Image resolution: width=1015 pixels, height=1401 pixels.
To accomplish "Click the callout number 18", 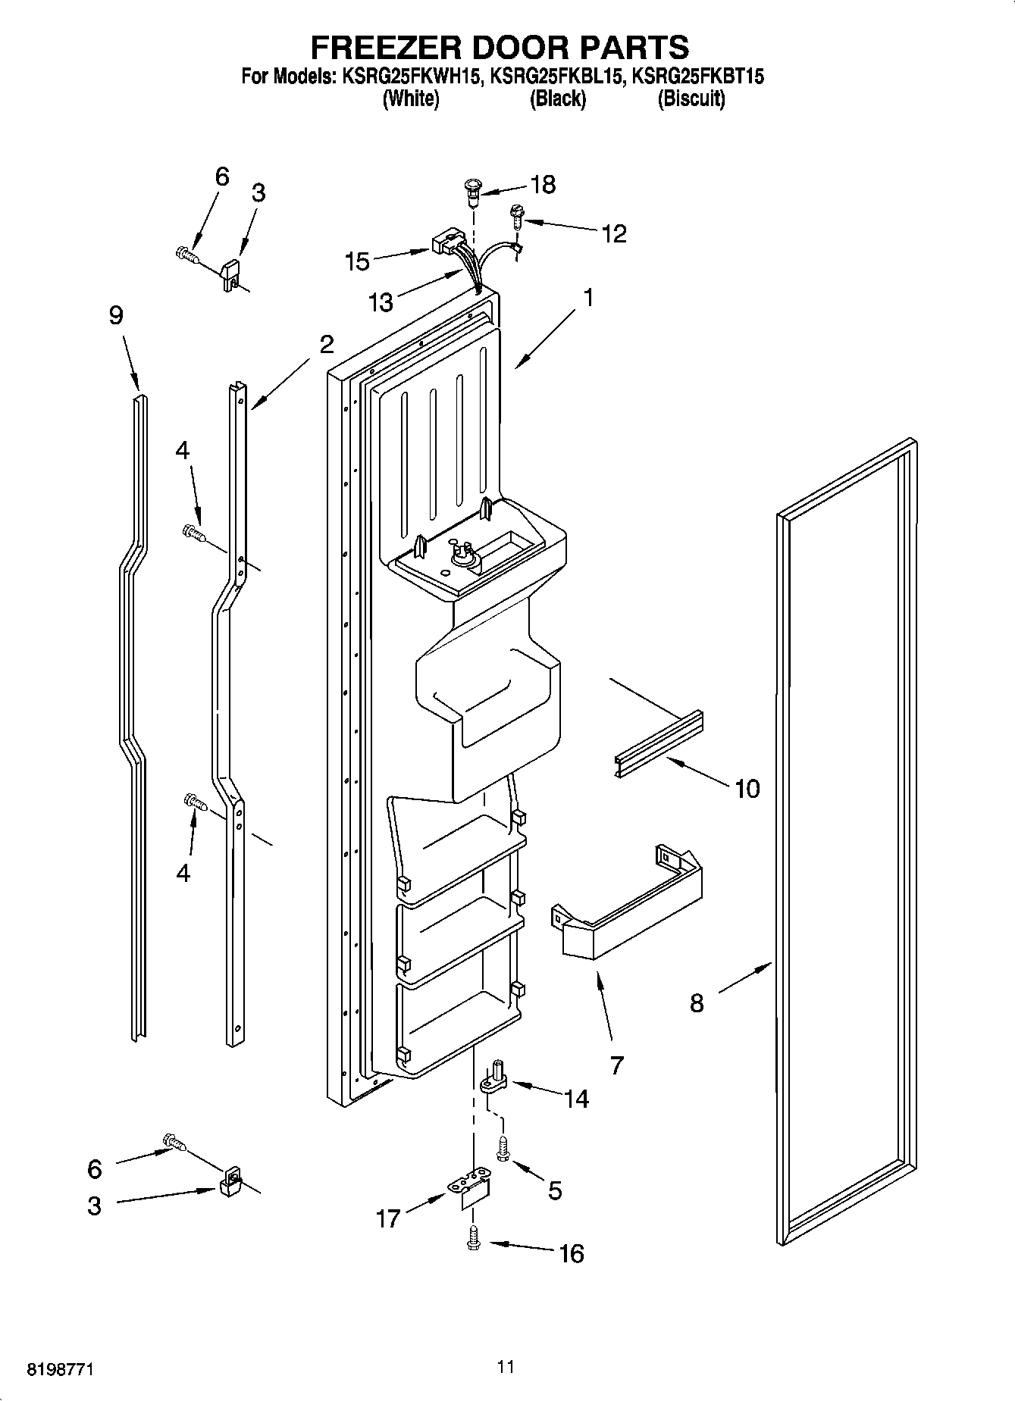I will click(544, 184).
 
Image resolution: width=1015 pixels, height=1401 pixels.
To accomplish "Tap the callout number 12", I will click(614, 233).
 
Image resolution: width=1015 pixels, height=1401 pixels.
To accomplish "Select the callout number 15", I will click(357, 261).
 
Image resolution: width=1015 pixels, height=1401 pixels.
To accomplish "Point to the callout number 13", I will click(381, 302).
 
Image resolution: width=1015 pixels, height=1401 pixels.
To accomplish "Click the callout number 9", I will click(116, 315).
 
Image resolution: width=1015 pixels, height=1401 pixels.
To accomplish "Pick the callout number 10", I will click(747, 789).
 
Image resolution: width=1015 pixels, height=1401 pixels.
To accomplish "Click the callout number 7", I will click(616, 1065).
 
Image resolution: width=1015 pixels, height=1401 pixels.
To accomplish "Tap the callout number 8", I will click(697, 1003).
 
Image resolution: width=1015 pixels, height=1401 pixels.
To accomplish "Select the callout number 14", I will click(577, 1099).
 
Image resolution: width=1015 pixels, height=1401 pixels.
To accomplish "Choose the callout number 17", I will click(387, 1218).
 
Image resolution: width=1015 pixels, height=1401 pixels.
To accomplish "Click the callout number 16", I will click(572, 1253).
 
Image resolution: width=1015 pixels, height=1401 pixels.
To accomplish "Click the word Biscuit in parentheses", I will click(691, 99).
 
